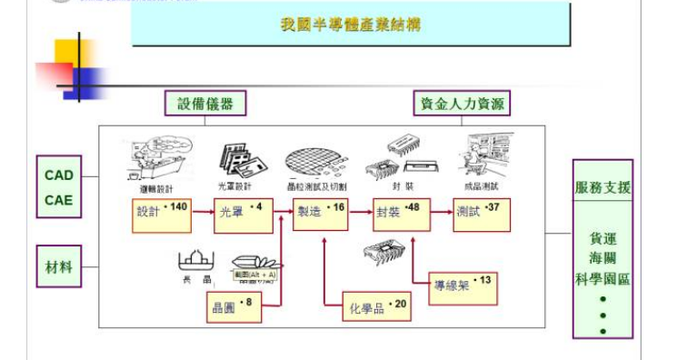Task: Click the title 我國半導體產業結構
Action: (x=351, y=25)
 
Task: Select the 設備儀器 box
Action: (x=205, y=104)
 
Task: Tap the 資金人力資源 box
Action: (x=461, y=104)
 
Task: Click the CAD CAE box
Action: (x=59, y=187)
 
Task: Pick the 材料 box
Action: (x=59, y=267)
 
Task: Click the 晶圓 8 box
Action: (x=234, y=307)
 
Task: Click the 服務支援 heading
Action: (x=602, y=188)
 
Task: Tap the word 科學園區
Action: (x=602, y=278)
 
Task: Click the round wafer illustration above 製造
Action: (x=315, y=161)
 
